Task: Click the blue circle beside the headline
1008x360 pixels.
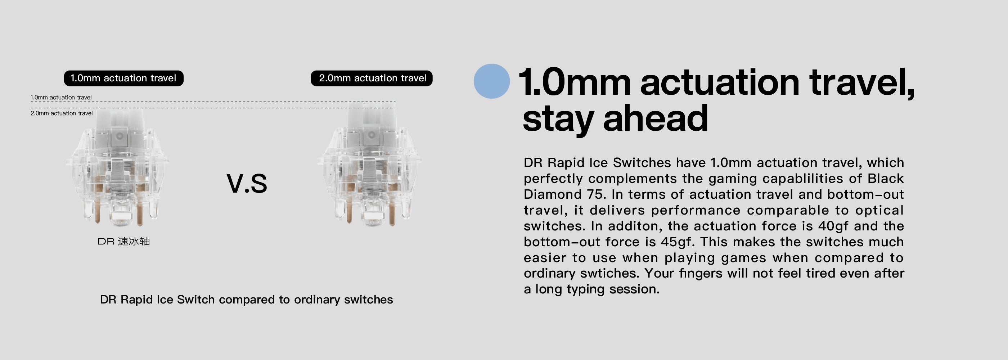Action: pos(491,81)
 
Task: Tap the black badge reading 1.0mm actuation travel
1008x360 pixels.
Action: pos(123,78)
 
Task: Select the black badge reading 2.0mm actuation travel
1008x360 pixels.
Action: pos(372,78)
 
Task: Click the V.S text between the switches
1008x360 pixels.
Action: pos(247,183)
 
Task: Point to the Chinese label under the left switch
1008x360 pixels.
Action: pos(123,242)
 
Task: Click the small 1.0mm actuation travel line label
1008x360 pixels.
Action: pos(61,98)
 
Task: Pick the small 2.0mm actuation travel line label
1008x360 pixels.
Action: pos(62,113)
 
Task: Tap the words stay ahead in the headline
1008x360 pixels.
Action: pos(615,118)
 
